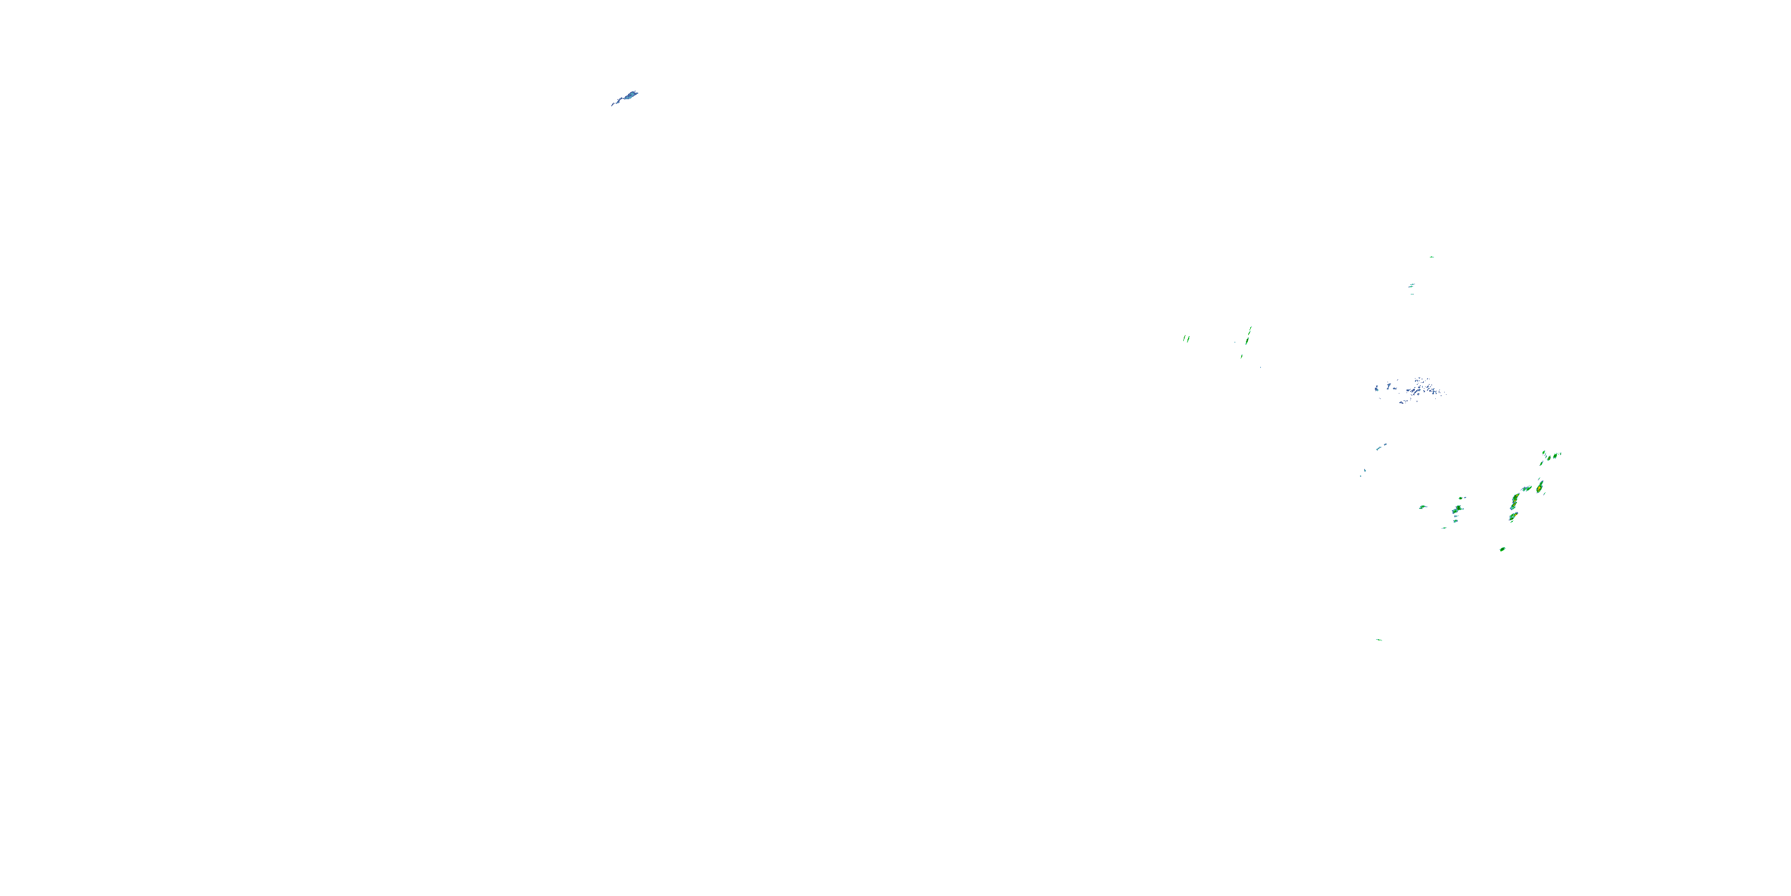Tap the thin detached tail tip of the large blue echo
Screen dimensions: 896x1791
(x=613, y=105)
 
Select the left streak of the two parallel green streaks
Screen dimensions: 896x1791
(x=1184, y=339)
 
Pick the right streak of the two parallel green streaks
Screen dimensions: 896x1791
(x=1188, y=339)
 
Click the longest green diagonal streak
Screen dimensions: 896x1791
(x=1249, y=335)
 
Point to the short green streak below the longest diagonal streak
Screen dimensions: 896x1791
(x=1241, y=356)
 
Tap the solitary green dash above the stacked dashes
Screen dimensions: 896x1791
(x=1432, y=257)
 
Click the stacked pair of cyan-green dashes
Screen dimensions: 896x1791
(x=1411, y=285)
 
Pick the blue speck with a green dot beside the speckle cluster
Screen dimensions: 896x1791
(x=1377, y=387)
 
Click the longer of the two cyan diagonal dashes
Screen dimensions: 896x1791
(x=1380, y=447)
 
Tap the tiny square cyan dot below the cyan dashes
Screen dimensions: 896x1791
(x=1361, y=475)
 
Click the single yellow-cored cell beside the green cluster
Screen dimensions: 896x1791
(x=1540, y=486)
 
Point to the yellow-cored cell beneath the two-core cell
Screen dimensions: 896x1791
(x=1512, y=517)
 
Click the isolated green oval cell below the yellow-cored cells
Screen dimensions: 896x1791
(x=1503, y=549)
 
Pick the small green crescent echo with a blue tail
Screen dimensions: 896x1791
(x=1423, y=507)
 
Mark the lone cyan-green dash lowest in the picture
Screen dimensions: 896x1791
(x=1378, y=639)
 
